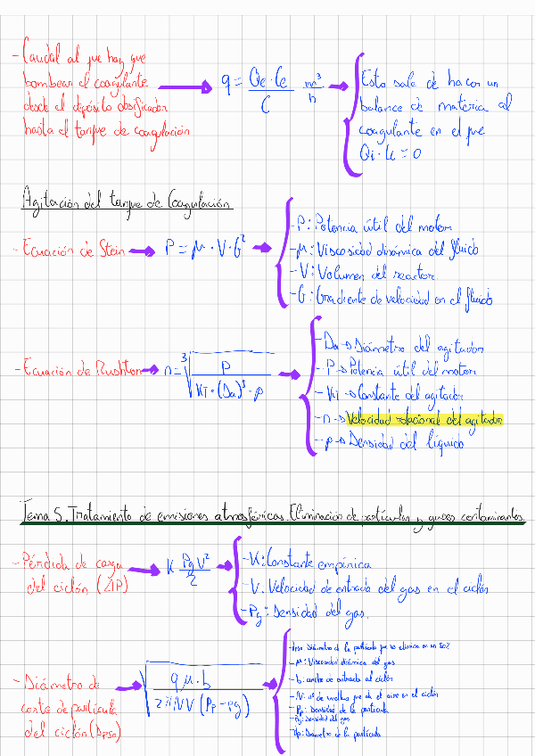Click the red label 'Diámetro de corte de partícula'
[x=67, y=708]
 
